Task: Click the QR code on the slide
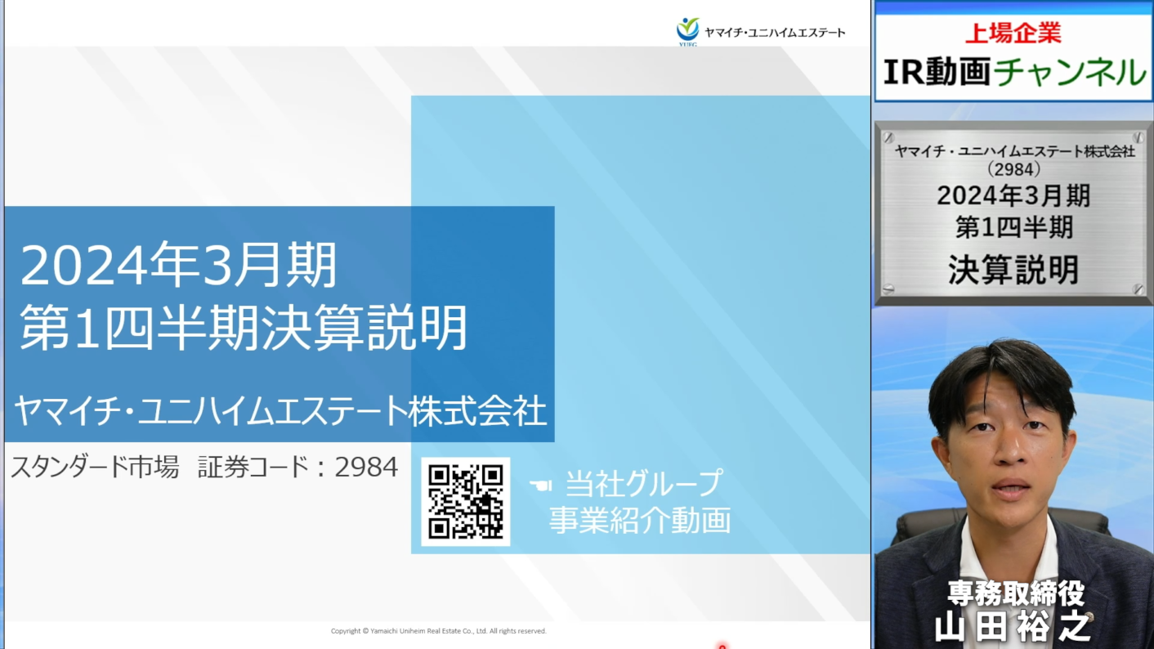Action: point(465,502)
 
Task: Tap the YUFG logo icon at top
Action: point(688,31)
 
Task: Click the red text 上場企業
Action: point(1013,34)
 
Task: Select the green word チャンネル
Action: point(1070,72)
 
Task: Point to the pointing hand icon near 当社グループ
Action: point(541,485)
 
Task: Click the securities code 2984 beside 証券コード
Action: point(366,467)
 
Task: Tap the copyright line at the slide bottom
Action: point(438,630)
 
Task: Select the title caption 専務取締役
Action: point(1016,593)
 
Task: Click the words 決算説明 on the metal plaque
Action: point(1013,270)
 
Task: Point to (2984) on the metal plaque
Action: point(1013,169)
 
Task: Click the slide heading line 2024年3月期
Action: point(178,265)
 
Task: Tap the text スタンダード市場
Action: point(96,468)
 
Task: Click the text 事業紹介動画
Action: point(639,519)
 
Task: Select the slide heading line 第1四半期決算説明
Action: point(244,328)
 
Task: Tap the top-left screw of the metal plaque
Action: point(888,137)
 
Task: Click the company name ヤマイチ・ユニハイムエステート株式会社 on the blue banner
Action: point(280,411)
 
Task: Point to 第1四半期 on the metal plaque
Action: point(1013,227)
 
